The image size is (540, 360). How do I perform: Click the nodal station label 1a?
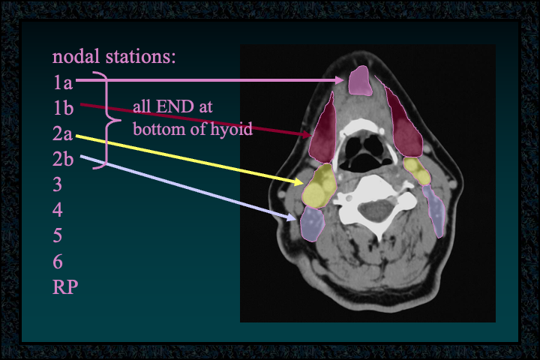click(x=63, y=82)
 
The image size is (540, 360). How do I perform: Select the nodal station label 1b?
click(x=63, y=108)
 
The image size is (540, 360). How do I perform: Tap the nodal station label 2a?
click(x=63, y=133)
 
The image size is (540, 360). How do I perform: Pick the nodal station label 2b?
click(x=63, y=159)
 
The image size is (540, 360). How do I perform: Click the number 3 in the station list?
click(x=58, y=184)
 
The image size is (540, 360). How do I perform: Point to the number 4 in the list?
click(x=58, y=210)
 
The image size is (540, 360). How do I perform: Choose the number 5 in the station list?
click(x=58, y=235)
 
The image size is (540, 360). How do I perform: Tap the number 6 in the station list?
click(x=58, y=262)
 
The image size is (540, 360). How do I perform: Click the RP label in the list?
click(x=65, y=286)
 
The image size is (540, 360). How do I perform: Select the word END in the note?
click(x=175, y=106)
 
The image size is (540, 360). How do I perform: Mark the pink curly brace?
click(x=107, y=121)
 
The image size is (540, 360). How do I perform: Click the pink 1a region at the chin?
click(x=360, y=81)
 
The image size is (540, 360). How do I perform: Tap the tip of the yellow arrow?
click(x=303, y=182)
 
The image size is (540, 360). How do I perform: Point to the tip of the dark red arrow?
click(x=311, y=135)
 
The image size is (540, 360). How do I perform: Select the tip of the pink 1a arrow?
click(x=343, y=80)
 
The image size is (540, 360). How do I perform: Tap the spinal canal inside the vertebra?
click(x=376, y=210)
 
